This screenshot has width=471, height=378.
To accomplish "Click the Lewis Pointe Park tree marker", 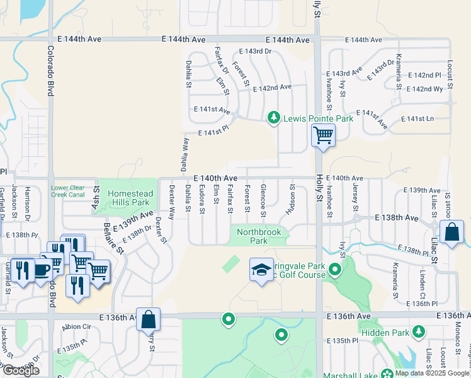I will (274, 117).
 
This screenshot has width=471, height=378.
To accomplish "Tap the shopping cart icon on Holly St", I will (322, 134).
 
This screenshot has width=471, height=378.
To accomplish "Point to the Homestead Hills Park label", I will (128, 198).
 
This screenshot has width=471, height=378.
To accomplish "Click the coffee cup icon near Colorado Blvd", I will (41, 270).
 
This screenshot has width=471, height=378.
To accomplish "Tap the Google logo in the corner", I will (21, 370).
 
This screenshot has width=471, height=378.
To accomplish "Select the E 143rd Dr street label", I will (254, 52).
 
